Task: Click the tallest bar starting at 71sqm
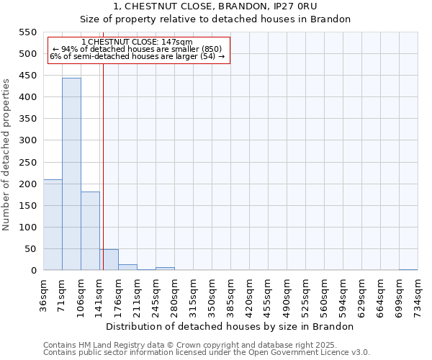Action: pos(71,174)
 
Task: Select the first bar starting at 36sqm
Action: pos(53,225)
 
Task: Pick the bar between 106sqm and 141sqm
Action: pos(90,230)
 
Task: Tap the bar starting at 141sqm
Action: pos(109,260)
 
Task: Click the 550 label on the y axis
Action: pos(27,32)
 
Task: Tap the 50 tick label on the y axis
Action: pos(30,249)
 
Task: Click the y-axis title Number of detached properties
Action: pos(6,155)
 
